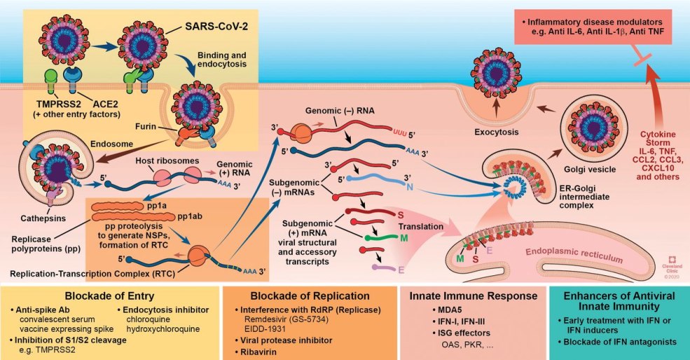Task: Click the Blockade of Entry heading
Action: tap(111, 295)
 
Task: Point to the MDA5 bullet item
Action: tap(442, 310)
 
